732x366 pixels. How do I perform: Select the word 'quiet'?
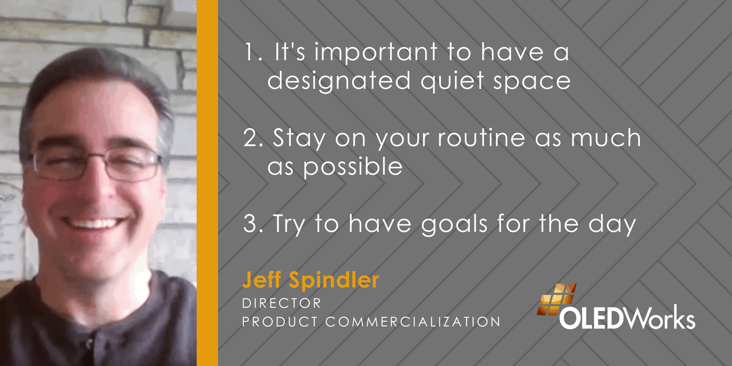coord(452,81)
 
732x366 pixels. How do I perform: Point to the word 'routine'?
coord(481,138)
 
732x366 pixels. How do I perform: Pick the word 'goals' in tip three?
coord(455,224)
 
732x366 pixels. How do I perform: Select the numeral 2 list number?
coord(253,138)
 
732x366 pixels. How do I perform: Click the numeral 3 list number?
coord(253,224)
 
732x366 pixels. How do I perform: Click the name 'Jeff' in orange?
coord(262,279)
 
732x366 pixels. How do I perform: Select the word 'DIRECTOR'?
coord(281,303)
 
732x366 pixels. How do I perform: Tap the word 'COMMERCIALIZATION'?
coord(413,322)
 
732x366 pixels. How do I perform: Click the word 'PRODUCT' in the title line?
coord(280,322)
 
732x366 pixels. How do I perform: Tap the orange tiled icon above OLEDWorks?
coord(556,299)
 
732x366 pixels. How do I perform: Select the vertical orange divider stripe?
coord(207,183)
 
